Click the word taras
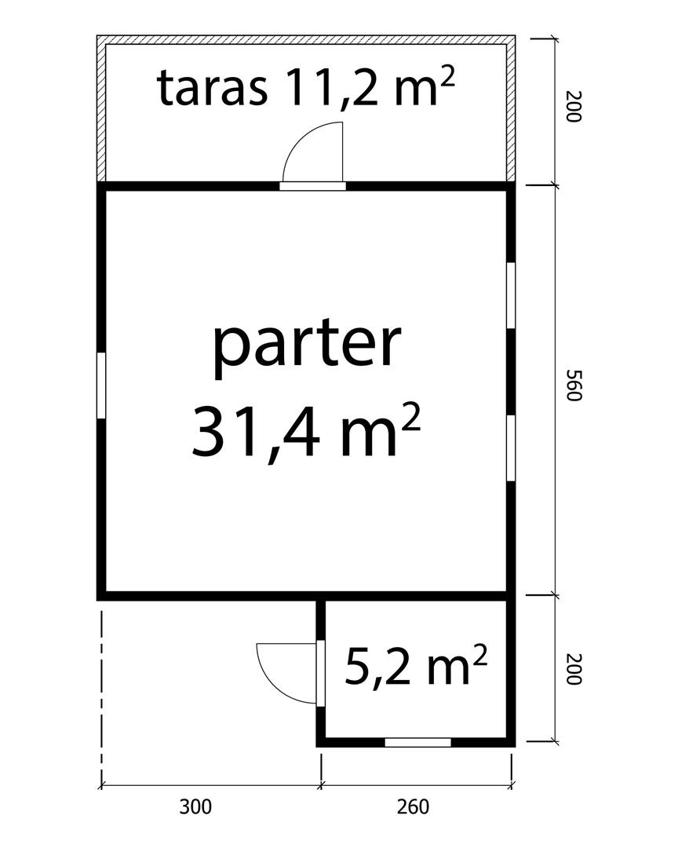pos(212,88)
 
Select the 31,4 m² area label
pos(306,429)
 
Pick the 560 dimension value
pos(573,385)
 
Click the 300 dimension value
pos(195,807)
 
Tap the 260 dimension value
pos(413,807)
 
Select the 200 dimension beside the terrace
pos(573,107)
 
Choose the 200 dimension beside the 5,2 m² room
pos(573,669)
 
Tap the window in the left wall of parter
pos(100,385)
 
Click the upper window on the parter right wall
pos(510,295)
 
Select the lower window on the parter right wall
pos(510,448)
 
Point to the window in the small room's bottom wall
pos(418,742)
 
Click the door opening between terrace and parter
pos(312,186)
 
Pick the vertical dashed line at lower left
pos(101,698)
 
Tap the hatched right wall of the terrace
pos(511,108)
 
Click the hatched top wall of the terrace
pos(306,40)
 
